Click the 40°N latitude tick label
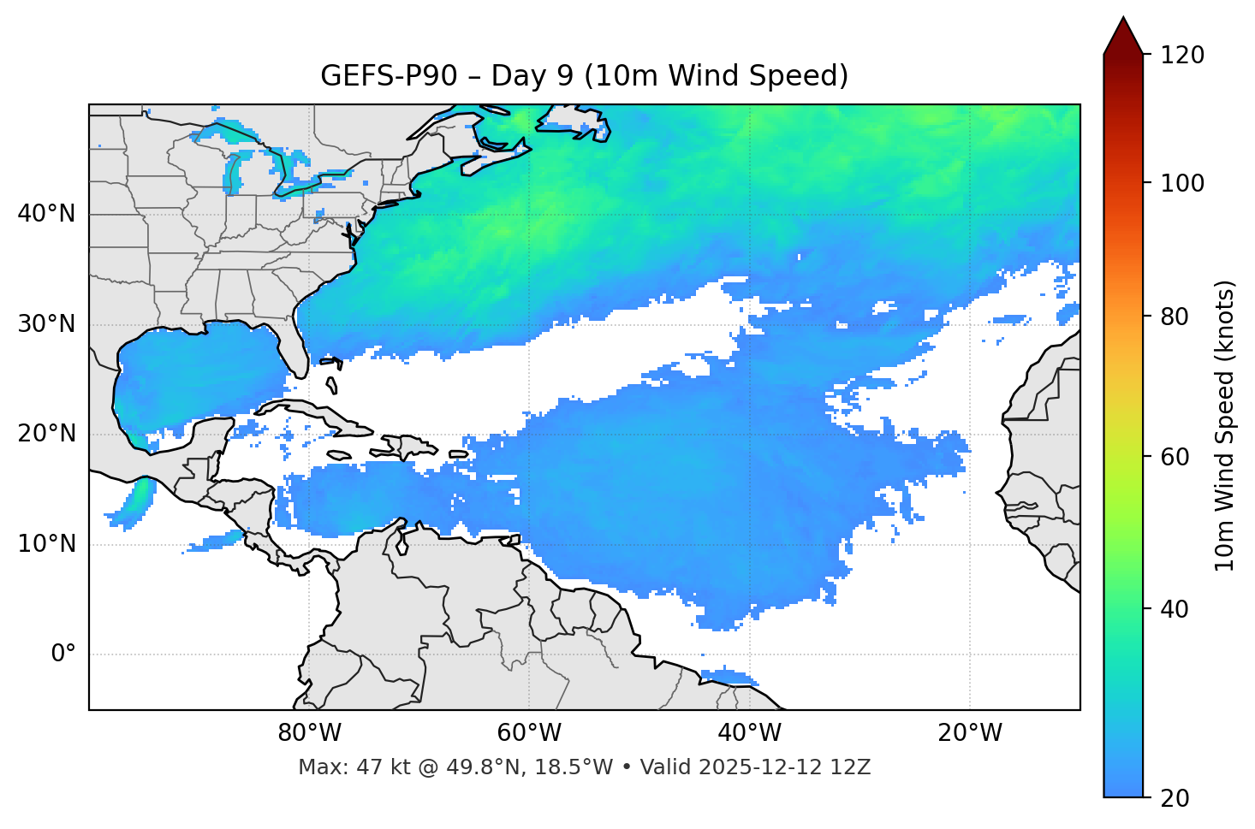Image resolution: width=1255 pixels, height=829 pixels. pyautogui.click(x=46, y=214)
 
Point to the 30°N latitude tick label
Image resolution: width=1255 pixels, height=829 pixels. pyautogui.click(x=46, y=324)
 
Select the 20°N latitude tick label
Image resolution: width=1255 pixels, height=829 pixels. pyautogui.click(x=46, y=434)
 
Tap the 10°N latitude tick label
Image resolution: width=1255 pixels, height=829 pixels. pyautogui.click(x=46, y=544)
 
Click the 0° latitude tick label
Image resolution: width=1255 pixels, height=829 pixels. pyautogui.click(x=62, y=654)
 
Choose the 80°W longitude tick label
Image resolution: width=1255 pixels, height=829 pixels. pyautogui.click(x=309, y=733)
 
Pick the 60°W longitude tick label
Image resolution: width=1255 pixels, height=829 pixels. pyautogui.click(x=529, y=733)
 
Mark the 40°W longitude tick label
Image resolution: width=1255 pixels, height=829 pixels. pyautogui.click(x=750, y=733)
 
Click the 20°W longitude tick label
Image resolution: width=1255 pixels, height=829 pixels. pyautogui.click(x=970, y=733)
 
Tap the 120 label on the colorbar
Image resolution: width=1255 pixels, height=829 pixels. pyautogui.click(x=1182, y=56)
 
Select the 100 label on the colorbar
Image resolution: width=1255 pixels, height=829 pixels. pyautogui.click(x=1182, y=183)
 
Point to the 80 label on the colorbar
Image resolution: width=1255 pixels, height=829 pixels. pyautogui.click(x=1176, y=317)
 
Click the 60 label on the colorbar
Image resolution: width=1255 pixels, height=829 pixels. pyautogui.click(x=1176, y=457)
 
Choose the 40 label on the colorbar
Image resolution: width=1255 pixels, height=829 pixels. pyautogui.click(x=1176, y=609)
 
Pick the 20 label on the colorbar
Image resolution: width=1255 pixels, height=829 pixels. pyautogui.click(x=1176, y=798)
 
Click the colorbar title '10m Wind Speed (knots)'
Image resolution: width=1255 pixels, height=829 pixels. pyautogui.click(x=1225, y=425)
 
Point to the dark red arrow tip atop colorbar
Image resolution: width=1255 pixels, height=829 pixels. pyautogui.click(x=1123, y=33)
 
